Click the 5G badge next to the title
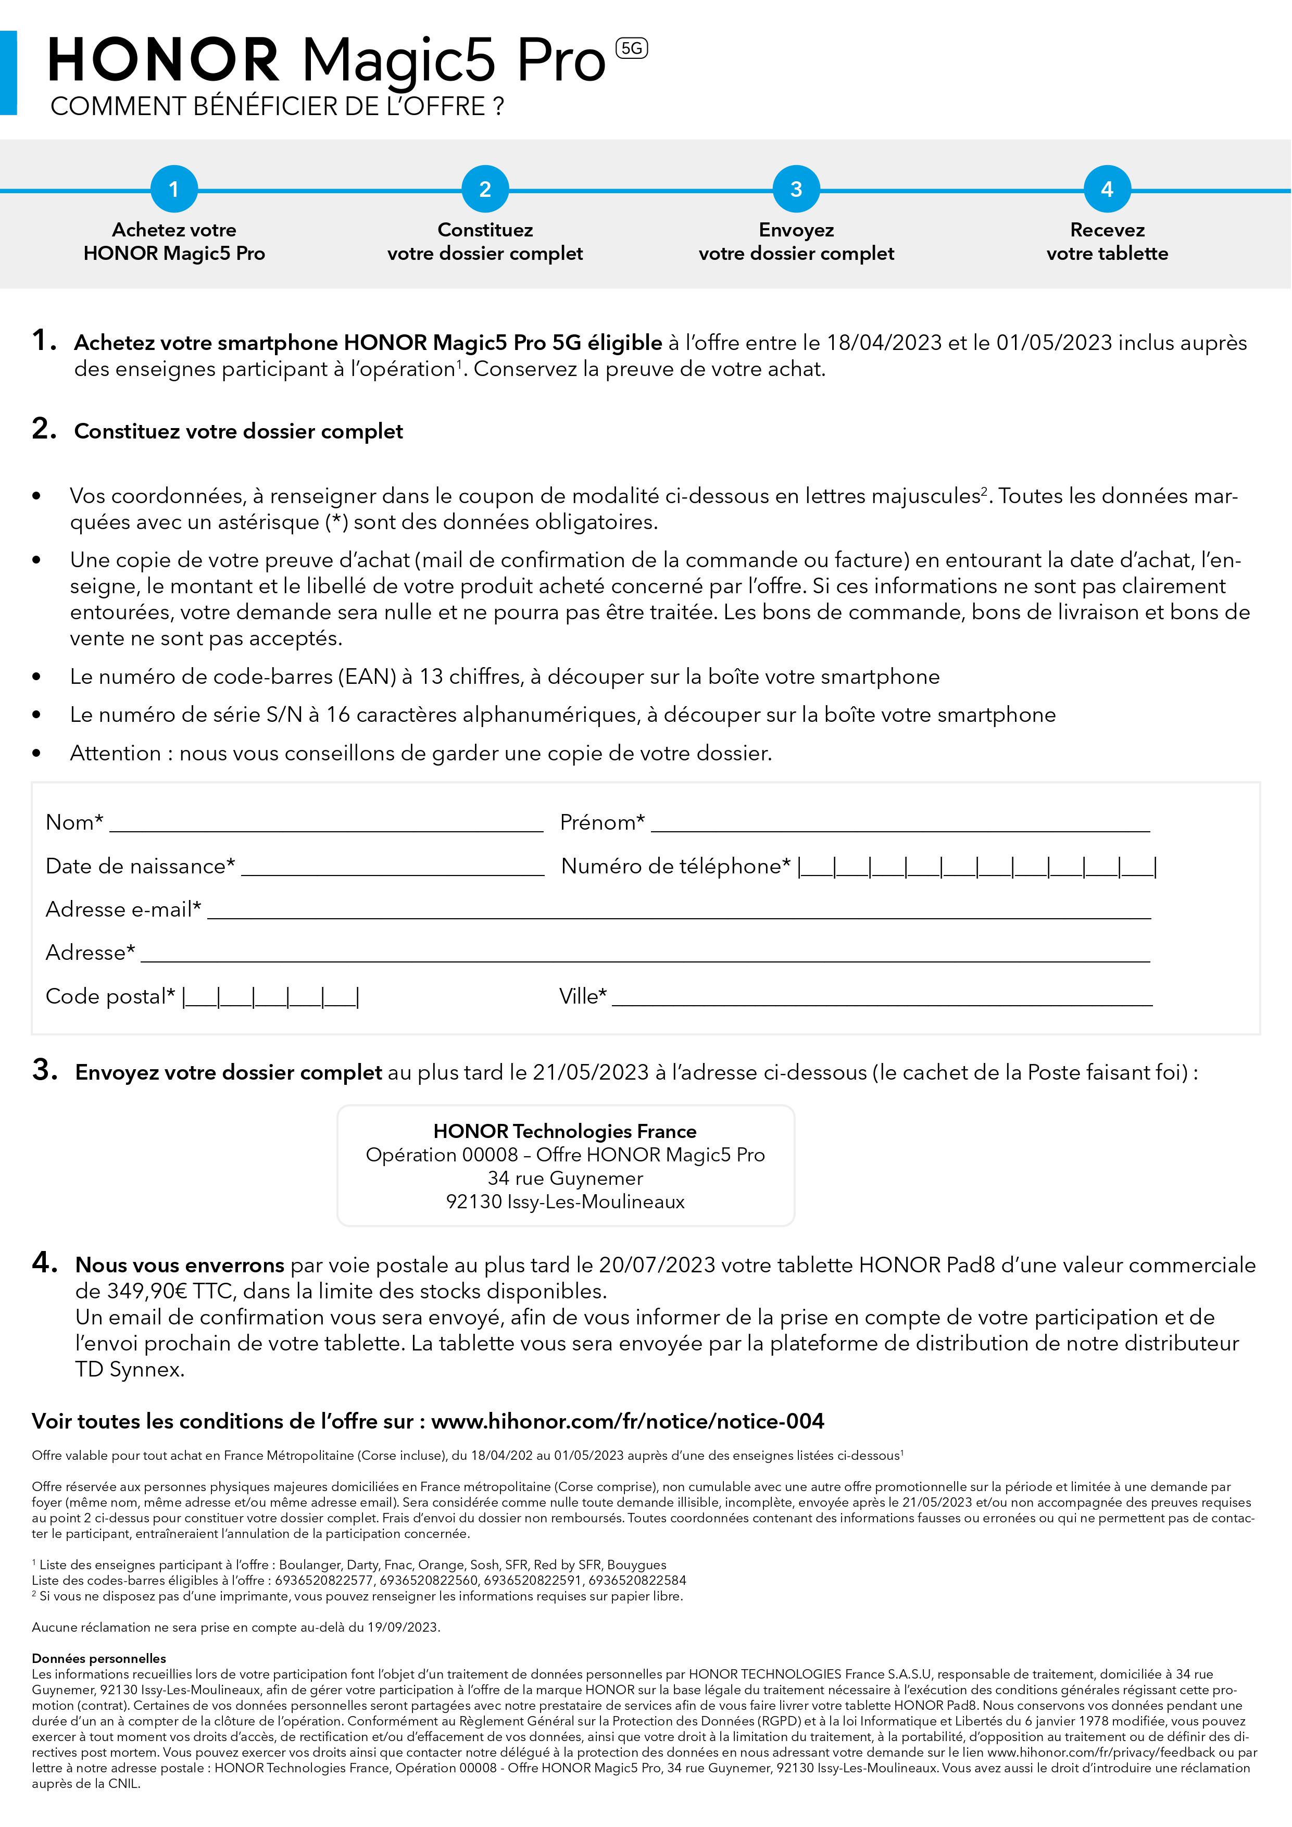(632, 48)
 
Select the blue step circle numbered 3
(796, 190)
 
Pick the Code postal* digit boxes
(270, 997)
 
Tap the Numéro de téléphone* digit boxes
(977, 867)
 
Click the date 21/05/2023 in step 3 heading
(591, 1073)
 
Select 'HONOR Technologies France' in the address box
(565, 1132)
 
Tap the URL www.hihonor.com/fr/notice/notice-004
(627, 1421)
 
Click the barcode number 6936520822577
(324, 1580)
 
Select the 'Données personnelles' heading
(98, 1658)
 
